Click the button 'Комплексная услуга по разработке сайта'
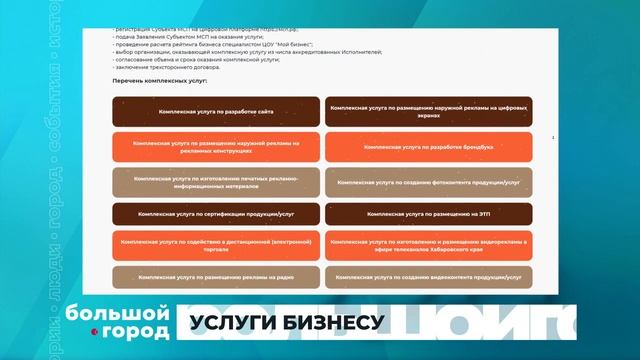tap(215, 111)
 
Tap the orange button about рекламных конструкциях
tap(215, 147)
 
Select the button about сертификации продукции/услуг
tap(215, 214)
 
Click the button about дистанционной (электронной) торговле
tap(215, 245)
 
